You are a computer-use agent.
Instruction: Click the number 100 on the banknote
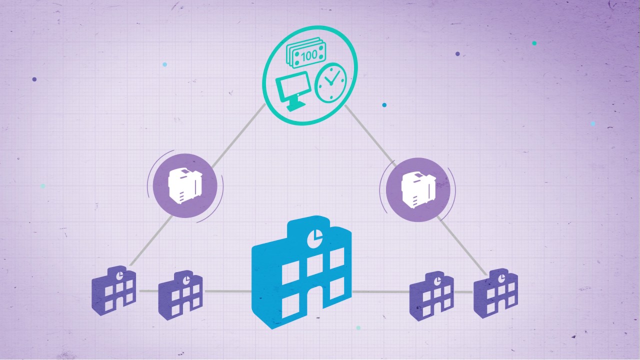(309, 55)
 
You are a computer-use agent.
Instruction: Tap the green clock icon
(330, 83)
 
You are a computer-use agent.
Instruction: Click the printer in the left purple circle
(185, 185)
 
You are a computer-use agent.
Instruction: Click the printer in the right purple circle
(418, 190)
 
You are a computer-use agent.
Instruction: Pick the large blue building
(301, 272)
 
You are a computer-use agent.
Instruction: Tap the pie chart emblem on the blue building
(315, 237)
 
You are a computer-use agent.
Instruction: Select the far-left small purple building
(113, 290)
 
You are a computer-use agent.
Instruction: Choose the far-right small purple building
(495, 293)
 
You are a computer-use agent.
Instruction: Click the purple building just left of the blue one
(180, 295)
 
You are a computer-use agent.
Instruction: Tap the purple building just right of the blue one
(431, 296)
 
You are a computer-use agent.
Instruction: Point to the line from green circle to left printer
(239, 135)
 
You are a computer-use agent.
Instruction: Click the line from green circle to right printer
(370, 135)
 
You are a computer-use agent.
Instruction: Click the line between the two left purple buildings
(148, 291)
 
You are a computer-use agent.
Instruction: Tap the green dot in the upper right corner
(534, 43)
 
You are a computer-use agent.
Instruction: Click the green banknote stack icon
(306, 52)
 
